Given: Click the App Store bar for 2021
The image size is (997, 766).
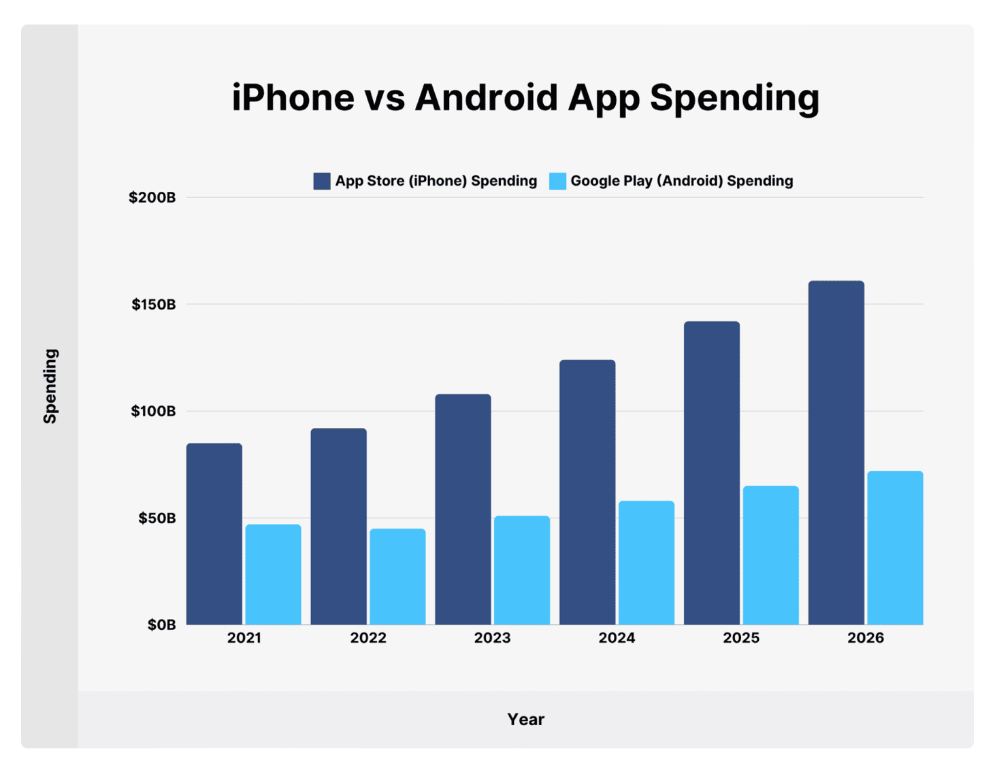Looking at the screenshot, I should point(214,534).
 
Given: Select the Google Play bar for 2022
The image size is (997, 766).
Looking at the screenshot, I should point(397,577).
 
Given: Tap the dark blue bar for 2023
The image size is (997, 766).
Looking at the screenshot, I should point(463,510).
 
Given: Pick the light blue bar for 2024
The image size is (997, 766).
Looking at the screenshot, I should point(646,563).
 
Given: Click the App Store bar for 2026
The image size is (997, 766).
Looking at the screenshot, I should point(836,452).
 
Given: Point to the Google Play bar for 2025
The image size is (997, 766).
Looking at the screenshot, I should point(770,555).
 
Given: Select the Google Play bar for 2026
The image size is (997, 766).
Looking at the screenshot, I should point(895,548).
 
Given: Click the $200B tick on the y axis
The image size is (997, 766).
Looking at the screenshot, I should point(152,198).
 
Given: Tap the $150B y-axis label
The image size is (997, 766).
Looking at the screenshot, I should point(154,305).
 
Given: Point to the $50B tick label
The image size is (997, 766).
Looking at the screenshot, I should point(157,518).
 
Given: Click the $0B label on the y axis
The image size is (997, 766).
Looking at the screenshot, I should point(162,625).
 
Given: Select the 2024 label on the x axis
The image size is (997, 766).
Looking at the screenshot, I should point(617,638).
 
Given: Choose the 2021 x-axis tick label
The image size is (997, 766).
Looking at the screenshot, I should point(244,638).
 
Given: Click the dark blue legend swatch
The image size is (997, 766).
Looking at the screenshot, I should point(322,181).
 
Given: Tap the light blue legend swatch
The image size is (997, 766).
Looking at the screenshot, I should point(557,181).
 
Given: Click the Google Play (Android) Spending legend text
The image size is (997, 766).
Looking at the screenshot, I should point(681,181).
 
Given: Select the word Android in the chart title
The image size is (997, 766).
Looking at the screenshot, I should point(486,97).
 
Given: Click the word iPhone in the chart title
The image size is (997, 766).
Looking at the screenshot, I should point(293,97).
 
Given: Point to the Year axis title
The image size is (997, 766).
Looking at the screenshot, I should point(525,720).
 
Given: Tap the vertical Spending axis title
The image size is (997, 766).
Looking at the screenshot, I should point(50,386).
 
